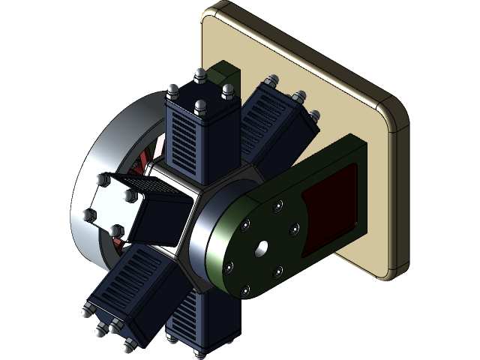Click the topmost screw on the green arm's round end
[278, 204]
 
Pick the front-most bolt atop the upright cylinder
[200, 108]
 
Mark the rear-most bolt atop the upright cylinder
[200, 75]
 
